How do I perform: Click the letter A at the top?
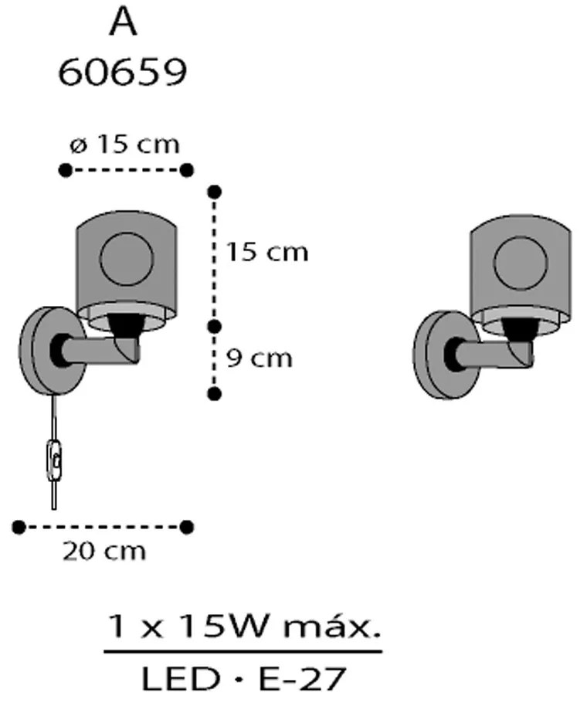[123, 23]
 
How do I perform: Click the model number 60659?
[122, 73]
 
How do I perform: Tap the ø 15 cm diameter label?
[125, 144]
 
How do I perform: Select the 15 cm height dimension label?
[267, 252]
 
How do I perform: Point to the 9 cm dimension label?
[260, 358]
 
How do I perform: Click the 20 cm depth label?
[104, 552]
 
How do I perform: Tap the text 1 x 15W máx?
[244, 627]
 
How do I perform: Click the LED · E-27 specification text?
[244, 678]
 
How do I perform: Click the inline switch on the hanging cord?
[55, 460]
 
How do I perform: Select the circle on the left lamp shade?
[127, 259]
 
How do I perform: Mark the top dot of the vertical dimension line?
[215, 192]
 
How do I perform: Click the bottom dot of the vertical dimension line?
[215, 394]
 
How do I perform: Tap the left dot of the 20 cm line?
[19, 527]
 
